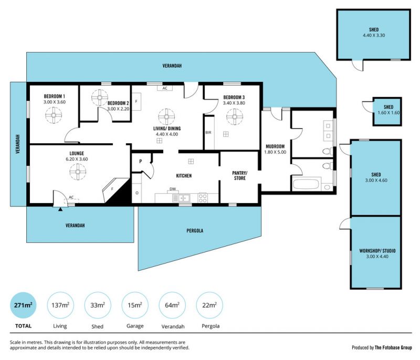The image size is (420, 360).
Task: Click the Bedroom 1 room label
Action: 55,96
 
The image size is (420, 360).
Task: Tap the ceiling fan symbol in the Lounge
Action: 78,172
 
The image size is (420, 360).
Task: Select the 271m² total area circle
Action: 23,305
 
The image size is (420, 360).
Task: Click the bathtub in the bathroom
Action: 306,184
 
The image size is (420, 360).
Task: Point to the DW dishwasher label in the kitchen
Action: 173,189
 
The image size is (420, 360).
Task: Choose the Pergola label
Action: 195,231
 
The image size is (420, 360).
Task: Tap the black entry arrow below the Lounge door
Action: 60,209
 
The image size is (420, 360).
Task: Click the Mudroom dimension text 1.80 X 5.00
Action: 275,152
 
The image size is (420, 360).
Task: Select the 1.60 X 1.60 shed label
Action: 388,113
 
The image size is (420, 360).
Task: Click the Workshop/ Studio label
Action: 377,251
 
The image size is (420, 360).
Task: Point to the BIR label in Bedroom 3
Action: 208,132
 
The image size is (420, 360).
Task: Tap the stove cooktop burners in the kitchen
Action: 203,198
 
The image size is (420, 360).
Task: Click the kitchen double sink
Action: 181,198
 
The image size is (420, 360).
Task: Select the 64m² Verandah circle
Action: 172,305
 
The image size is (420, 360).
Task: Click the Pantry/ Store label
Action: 240,176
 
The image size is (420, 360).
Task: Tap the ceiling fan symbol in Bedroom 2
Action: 100,98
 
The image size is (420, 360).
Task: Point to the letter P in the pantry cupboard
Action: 140,162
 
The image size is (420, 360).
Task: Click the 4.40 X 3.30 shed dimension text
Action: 374,35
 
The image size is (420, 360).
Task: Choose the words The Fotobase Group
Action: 393,347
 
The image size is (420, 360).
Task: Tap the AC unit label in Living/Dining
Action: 165,88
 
